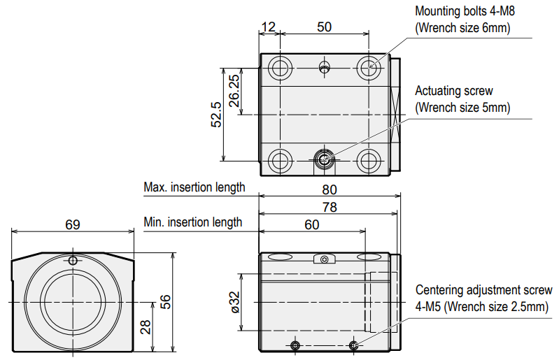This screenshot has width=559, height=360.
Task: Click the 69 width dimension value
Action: [73, 224]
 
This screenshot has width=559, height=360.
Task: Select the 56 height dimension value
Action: [165, 302]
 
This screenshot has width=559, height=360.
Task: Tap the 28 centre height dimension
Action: [146, 327]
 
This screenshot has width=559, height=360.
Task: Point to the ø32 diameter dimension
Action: [234, 302]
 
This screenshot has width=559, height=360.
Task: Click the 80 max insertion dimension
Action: [330, 190]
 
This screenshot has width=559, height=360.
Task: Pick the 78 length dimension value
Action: [330, 207]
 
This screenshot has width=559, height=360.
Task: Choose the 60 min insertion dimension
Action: [312, 224]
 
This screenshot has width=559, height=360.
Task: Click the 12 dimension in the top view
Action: [269, 27]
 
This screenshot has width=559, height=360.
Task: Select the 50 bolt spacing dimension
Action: [325, 27]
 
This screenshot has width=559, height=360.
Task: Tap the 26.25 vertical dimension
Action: [234, 90]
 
